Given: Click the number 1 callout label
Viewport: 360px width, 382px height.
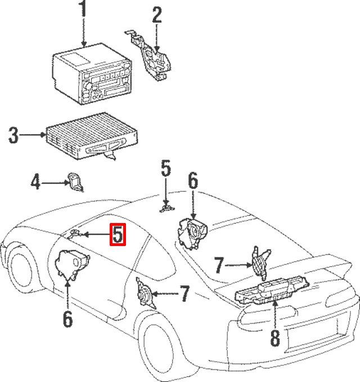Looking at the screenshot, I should [x=83, y=10].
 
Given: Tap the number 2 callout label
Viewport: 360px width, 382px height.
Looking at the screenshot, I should [x=157, y=15].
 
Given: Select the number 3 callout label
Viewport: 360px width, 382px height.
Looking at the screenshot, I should [x=14, y=135].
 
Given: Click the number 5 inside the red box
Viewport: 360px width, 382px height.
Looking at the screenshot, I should [x=118, y=235].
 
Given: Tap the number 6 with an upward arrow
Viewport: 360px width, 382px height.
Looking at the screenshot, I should [x=67, y=319].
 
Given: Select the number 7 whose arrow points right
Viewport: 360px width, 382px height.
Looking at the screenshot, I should [x=219, y=265].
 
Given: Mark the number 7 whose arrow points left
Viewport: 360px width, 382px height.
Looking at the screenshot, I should [x=184, y=293].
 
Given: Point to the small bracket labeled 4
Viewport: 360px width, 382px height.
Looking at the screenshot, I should [x=75, y=181].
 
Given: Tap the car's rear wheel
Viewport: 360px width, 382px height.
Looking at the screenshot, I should [x=163, y=351].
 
